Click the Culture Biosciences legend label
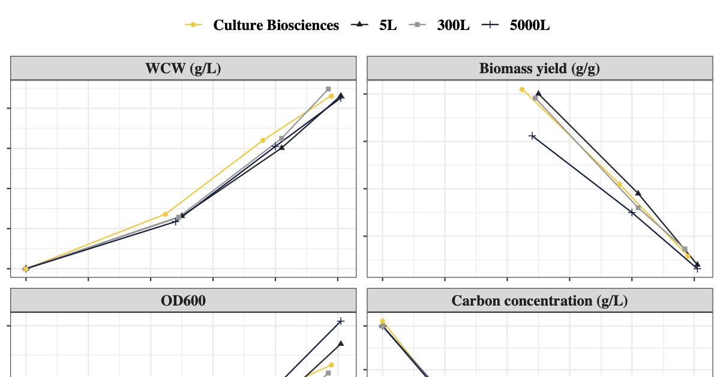click(x=276, y=25)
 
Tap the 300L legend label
click(x=453, y=25)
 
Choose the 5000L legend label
click(x=530, y=25)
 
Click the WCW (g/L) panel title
click(x=183, y=68)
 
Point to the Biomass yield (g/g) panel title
click(x=539, y=68)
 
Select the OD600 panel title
click(x=183, y=300)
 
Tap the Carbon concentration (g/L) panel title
click(x=539, y=300)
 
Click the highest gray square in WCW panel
click(x=328, y=89)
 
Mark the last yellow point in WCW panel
click(x=331, y=96)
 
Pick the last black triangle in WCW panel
click(x=341, y=95)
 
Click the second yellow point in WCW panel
click(x=166, y=214)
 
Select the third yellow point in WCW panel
click(x=263, y=140)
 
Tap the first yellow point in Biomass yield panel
click(x=522, y=89)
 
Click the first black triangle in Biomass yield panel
click(x=538, y=94)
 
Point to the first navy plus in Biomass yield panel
click(x=532, y=136)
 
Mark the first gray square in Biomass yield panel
click(x=535, y=98)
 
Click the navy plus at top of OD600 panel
click(x=341, y=321)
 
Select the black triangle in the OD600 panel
click(x=341, y=343)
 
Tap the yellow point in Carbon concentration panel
click(x=382, y=321)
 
